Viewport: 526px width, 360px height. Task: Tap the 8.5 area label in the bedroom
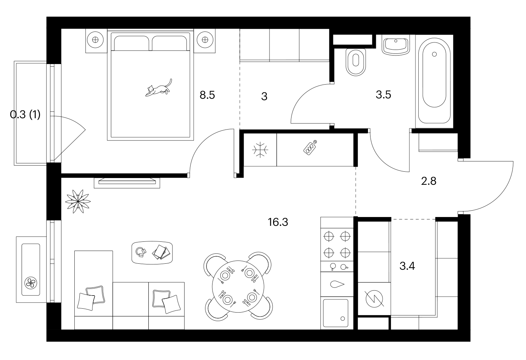[207, 95]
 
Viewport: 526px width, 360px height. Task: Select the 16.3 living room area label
[278, 222]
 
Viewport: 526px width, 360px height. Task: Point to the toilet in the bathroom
[356, 62]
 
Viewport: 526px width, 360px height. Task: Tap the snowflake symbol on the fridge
[260, 150]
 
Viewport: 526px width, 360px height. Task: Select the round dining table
[238, 286]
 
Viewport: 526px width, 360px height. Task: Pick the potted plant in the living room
[78, 201]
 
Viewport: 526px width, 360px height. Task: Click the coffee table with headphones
[152, 253]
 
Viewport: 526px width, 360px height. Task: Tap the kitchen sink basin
[335, 313]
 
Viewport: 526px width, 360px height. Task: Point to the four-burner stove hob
[337, 245]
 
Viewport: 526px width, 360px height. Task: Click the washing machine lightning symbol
[374, 299]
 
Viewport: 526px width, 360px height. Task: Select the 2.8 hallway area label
[429, 181]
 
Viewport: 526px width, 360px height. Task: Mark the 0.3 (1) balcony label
[26, 115]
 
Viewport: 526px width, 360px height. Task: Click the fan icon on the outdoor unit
[31, 283]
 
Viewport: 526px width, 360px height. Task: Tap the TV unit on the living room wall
[127, 183]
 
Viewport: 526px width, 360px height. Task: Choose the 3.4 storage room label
[407, 266]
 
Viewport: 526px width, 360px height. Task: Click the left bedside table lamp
[95, 40]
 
